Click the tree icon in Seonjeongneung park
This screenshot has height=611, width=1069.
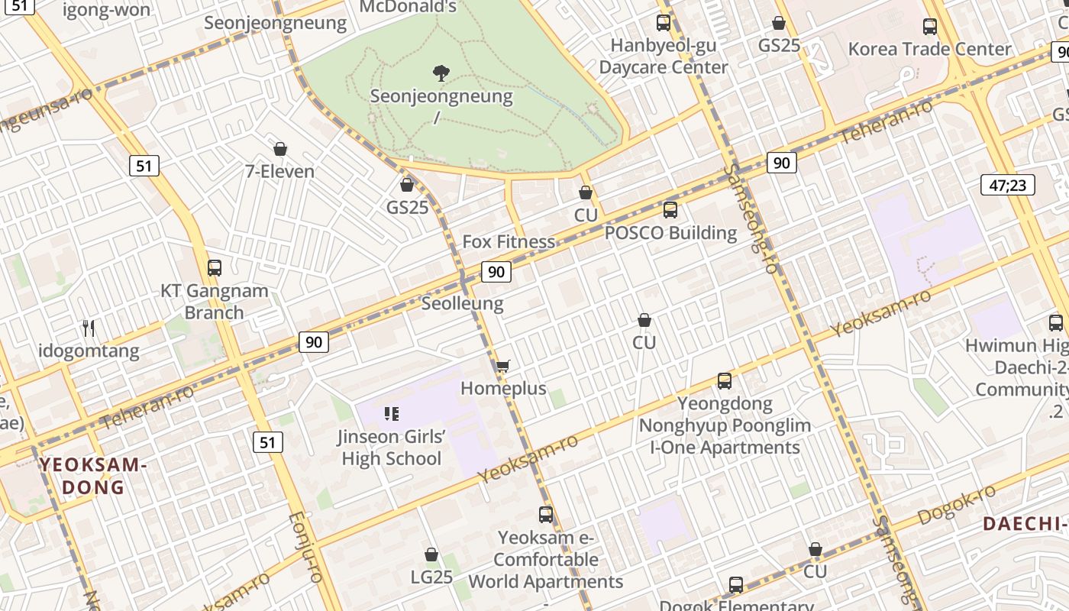coord(441,73)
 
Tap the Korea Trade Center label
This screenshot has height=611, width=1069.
coord(929,49)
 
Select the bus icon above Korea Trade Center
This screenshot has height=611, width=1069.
coord(930,27)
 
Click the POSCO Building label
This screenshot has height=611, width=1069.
coord(670,233)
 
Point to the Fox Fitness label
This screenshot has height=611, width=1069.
coord(509,242)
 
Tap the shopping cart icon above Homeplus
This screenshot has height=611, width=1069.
coord(502,367)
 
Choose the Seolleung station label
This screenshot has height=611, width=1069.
coord(462,303)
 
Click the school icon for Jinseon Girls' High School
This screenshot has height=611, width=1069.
coord(392,414)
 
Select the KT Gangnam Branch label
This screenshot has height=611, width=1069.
coord(214,302)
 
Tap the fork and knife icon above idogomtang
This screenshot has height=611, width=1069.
coord(89,328)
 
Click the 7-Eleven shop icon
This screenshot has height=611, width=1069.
coord(279,149)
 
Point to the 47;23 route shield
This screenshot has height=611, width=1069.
coord(1007,184)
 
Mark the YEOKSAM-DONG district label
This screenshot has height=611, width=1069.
coord(92,476)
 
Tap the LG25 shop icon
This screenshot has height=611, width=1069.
coord(431,554)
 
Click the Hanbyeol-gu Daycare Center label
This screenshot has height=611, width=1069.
coord(663,57)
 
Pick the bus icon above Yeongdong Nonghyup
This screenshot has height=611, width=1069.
coord(724,380)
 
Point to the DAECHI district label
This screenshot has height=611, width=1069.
coord(1023,524)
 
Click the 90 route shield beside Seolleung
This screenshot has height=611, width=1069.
coord(496,271)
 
